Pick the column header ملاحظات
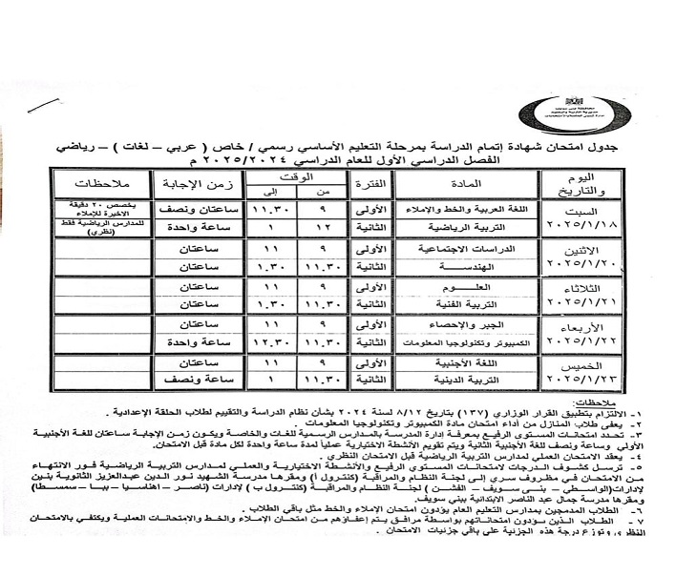(x=97, y=184)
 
